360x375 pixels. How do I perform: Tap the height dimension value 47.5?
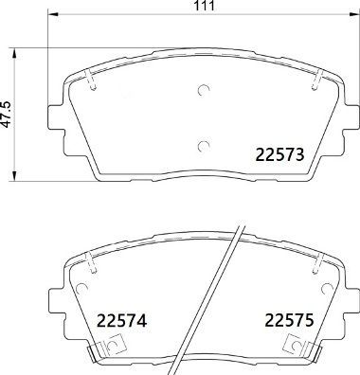pos(8,114)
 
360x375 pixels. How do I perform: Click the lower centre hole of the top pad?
pos(202,145)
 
